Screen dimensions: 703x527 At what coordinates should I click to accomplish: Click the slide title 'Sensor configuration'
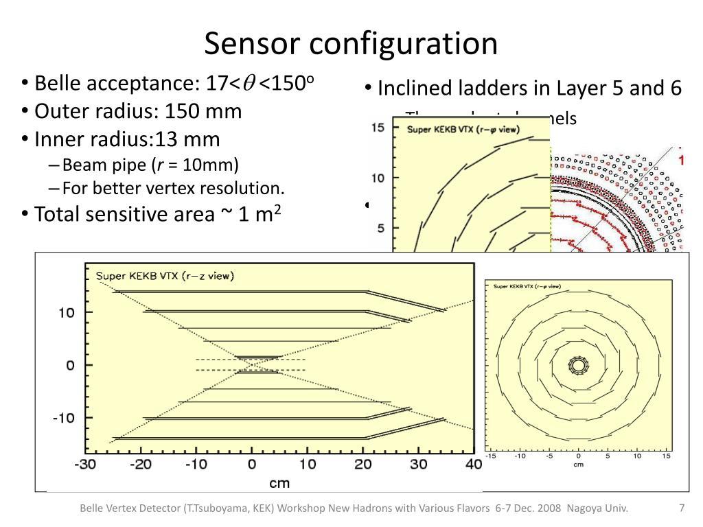[351, 43]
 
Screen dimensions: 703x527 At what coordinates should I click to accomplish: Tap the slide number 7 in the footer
[682, 508]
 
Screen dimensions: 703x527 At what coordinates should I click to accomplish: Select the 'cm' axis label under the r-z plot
[279, 483]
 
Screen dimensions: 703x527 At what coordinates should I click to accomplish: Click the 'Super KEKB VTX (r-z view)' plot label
[165, 276]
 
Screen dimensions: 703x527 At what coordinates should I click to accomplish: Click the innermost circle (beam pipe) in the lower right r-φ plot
[578, 366]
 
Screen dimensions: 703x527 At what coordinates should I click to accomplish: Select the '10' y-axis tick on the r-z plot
[66, 313]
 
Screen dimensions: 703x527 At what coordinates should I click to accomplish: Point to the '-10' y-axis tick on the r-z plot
[63, 418]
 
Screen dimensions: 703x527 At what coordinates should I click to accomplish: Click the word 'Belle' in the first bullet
[56, 84]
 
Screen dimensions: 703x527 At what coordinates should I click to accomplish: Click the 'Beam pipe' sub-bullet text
[103, 165]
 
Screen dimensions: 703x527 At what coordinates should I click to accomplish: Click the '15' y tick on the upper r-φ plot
[378, 127]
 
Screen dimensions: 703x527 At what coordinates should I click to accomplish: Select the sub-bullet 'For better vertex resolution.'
[172, 188]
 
